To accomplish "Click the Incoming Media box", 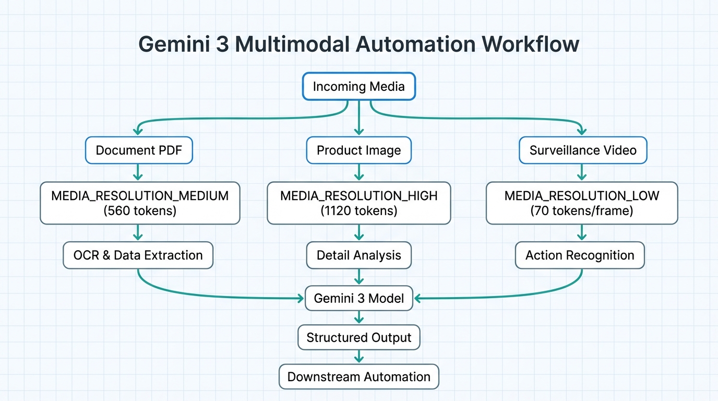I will pos(358,86).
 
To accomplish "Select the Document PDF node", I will pos(139,150).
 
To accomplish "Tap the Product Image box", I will pos(358,150).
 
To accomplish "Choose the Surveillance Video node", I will pos(582,150).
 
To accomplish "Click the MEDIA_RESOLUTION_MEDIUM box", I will pos(140,203).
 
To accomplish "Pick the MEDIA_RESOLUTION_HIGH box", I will pos(358,203).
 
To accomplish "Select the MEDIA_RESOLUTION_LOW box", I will pos(582,203).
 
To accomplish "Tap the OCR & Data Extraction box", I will pos(138,255).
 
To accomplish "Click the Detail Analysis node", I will pos(358,255).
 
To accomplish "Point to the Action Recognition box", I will pos(580,255).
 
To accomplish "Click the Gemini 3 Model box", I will pos(358,299).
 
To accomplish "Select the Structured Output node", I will pos(358,337).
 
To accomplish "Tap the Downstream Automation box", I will pos(358,377).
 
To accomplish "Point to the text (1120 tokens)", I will pos(358,211).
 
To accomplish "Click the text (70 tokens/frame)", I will pos(582,211).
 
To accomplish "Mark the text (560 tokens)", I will pos(140,211).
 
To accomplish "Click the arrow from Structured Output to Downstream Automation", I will pos(358,357).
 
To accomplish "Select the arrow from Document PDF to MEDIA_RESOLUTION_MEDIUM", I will pos(138,172).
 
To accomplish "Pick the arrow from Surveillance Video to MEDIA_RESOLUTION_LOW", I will pos(581,172).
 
